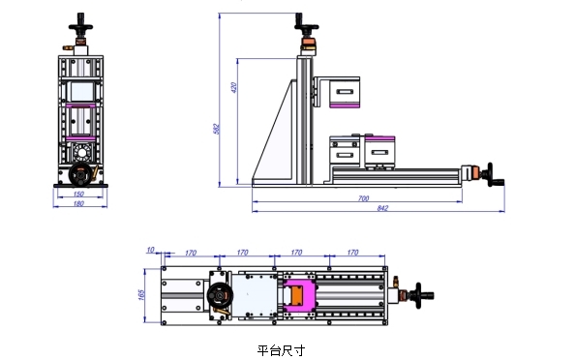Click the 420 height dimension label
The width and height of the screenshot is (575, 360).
[x=234, y=87]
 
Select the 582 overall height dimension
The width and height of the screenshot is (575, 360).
[x=217, y=129]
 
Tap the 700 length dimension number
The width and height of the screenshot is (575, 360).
[x=363, y=198]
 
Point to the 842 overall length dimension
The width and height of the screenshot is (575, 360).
[x=382, y=208]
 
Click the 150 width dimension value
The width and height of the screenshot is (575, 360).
[x=78, y=194]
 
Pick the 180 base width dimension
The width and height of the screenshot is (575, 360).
[x=78, y=203]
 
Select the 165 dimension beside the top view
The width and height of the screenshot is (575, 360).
[x=141, y=295]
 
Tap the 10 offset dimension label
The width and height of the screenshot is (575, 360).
[x=150, y=250]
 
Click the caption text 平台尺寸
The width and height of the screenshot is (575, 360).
[x=281, y=350]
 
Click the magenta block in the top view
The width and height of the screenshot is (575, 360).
[x=299, y=295]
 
